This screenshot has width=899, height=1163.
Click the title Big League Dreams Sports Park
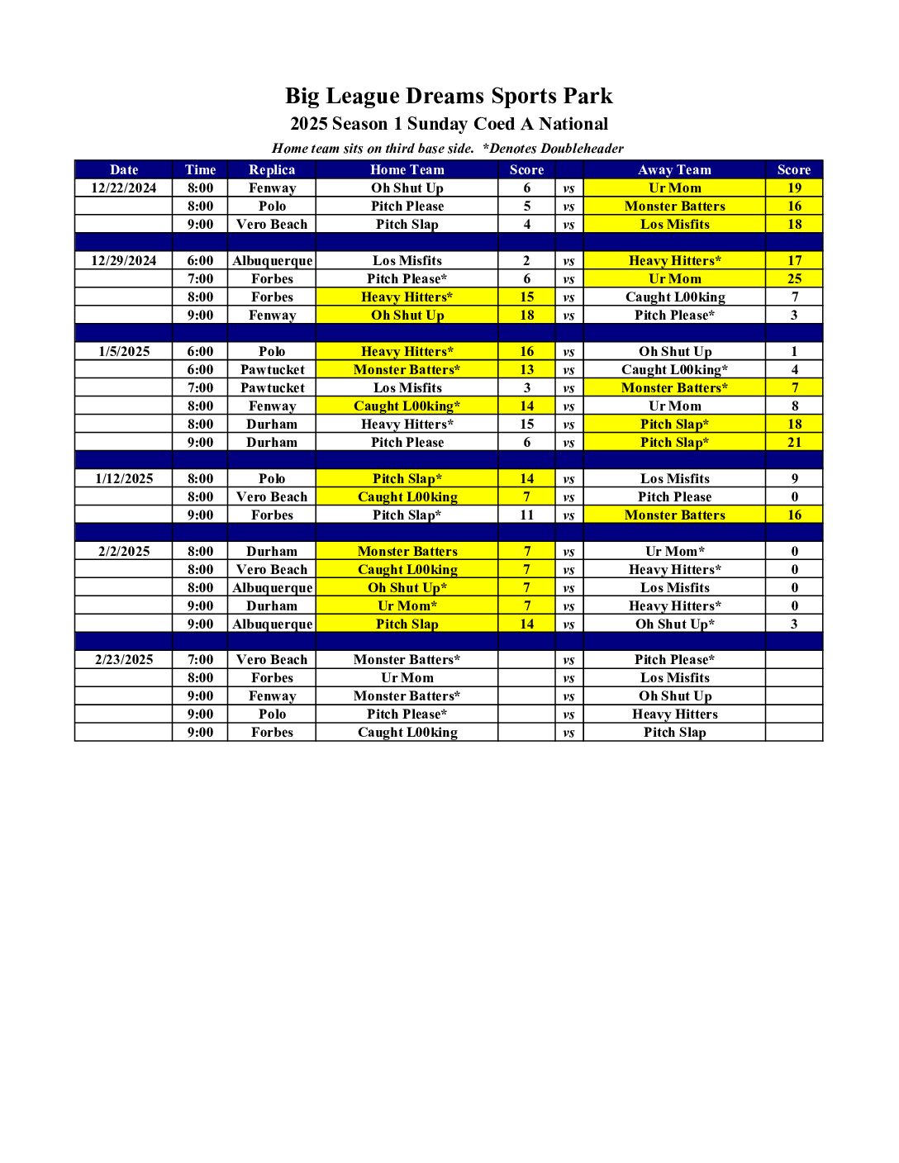(x=449, y=96)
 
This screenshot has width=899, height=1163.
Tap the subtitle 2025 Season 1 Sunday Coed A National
(x=449, y=124)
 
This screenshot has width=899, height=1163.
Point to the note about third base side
(x=373, y=149)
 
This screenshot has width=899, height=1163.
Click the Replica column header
(x=272, y=169)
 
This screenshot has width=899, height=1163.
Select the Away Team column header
(x=674, y=169)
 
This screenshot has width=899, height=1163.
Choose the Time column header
(x=200, y=169)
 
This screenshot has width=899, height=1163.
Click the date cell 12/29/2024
(x=124, y=260)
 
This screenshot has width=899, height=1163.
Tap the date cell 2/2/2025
(x=124, y=551)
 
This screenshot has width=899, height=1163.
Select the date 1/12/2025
(x=124, y=478)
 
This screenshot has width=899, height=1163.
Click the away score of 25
(x=794, y=278)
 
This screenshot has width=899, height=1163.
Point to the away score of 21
(x=794, y=442)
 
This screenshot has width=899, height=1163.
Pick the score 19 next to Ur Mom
(x=794, y=188)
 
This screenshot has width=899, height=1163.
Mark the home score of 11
(x=527, y=515)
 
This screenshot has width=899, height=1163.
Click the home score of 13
(x=527, y=369)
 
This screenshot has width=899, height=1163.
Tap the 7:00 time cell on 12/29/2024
(x=200, y=278)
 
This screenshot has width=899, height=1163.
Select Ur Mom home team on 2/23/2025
(x=407, y=677)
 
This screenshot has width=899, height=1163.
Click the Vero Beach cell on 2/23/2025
(x=272, y=659)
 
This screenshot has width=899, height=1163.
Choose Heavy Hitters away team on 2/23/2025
(x=674, y=714)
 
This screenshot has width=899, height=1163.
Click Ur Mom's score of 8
(x=794, y=406)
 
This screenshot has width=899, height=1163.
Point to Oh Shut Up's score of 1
(x=794, y=351)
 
